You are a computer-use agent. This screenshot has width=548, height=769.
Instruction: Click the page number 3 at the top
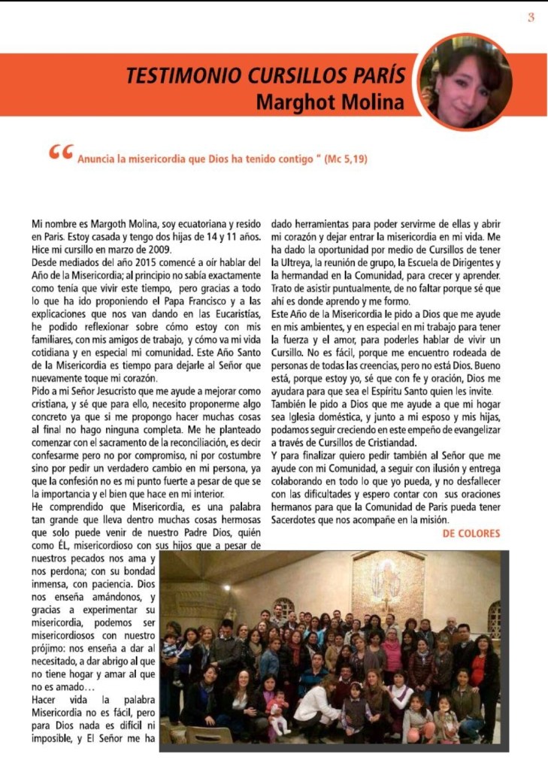point(531,17)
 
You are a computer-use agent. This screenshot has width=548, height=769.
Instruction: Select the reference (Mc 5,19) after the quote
point(346,159)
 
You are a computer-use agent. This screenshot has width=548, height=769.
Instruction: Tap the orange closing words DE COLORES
point(471,534)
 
